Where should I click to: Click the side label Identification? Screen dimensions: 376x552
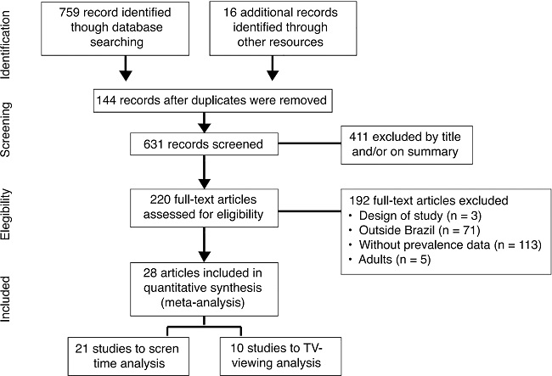coord(11,45)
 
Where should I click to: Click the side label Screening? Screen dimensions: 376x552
coord(11,136)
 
